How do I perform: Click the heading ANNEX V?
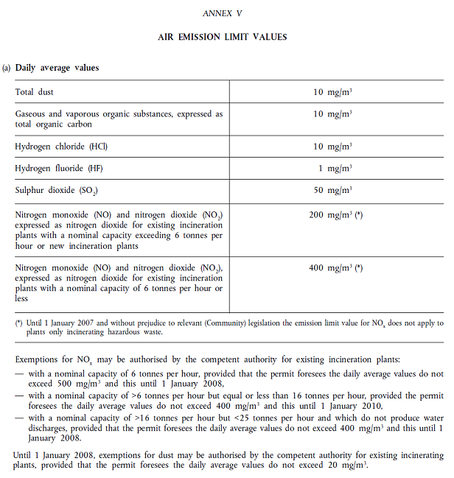click(x=226, y=13)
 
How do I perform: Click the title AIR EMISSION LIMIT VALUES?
click(x=226, y=37)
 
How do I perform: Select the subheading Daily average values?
click(x=57, y=68)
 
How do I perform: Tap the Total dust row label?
click(x=34, y=92)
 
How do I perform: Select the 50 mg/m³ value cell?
click(x=332, y=191)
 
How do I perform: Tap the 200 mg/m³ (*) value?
click(x=335, y=214)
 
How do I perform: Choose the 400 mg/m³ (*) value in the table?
click(x=335, y=268)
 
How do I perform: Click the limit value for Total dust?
click(x=332, y=92)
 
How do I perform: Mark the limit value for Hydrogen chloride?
click(x=332, y=147)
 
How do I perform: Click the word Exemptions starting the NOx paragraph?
click(x=36, y=359)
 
